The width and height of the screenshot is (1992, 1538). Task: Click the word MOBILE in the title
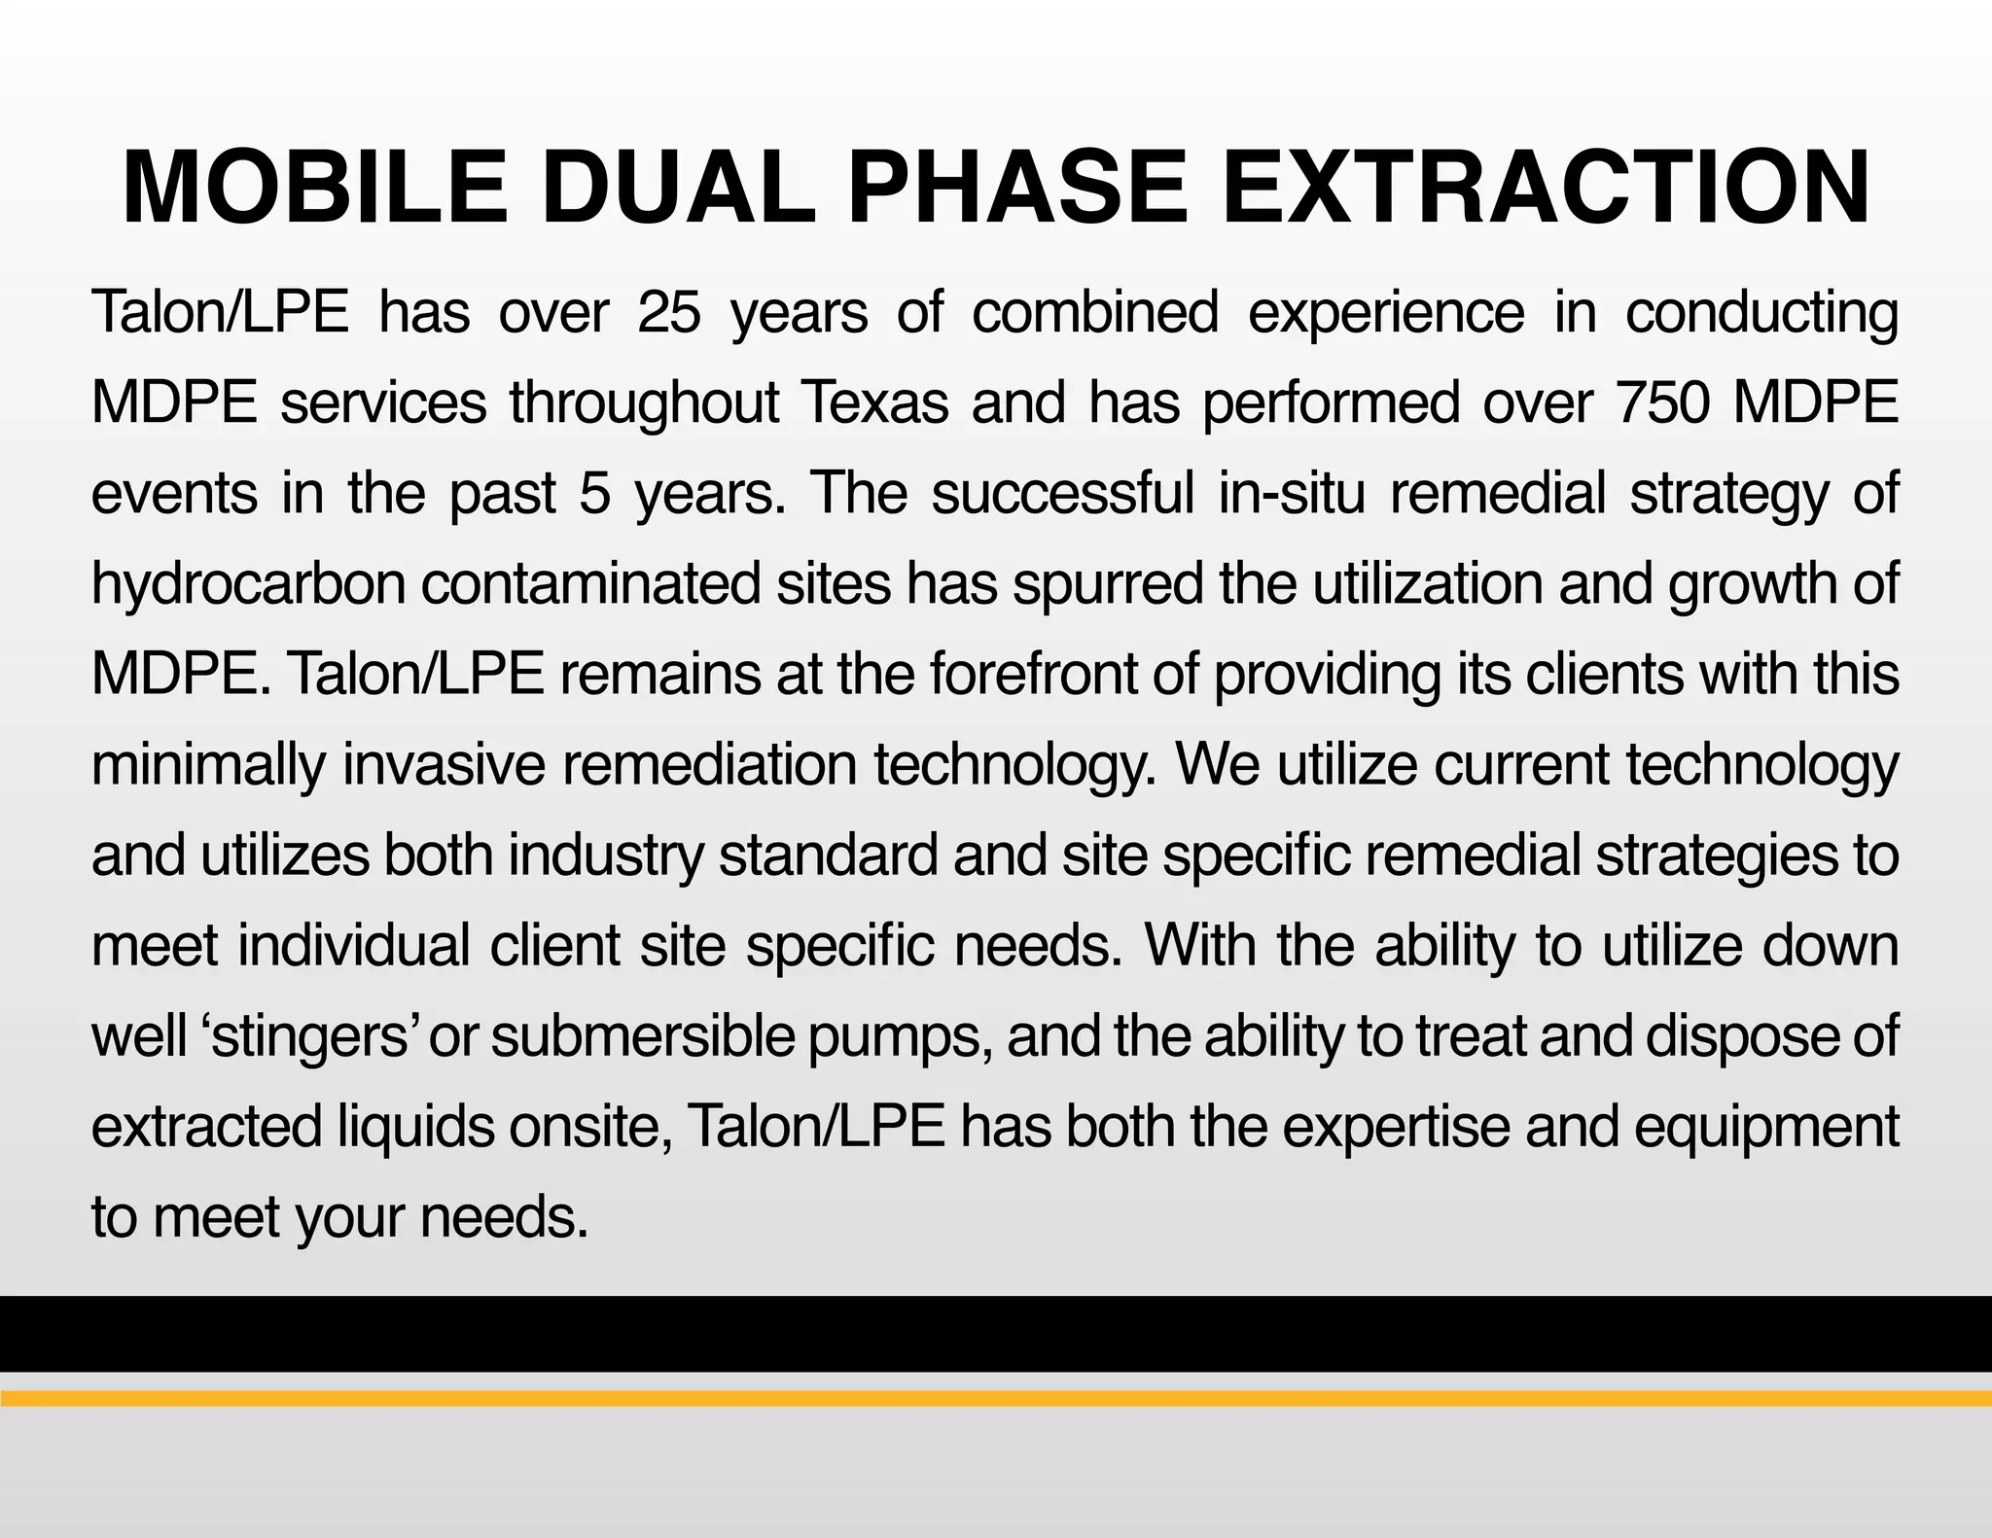314,188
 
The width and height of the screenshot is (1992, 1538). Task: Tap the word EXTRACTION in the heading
1546,188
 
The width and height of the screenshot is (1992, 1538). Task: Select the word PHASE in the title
1017,188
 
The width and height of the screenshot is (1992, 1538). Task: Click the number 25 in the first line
669,314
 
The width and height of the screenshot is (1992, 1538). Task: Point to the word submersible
643,1036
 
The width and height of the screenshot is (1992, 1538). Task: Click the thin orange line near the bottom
996,1399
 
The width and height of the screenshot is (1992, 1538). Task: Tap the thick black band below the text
996,1334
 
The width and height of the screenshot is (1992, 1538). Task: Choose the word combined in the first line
1095,314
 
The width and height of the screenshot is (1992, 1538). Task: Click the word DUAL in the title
677,188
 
